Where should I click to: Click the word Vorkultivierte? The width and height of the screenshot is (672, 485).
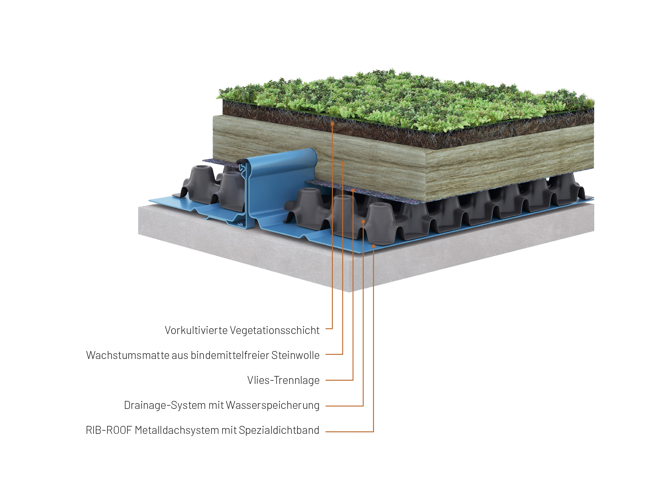tap(196, 330)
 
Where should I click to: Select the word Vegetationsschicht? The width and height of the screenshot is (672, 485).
tap(274, 330)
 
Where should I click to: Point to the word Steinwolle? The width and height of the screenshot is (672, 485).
tap(295, 355)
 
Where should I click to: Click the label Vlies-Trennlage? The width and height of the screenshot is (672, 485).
tap(283, 380)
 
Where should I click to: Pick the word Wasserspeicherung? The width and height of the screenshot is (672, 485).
tap(272, 405)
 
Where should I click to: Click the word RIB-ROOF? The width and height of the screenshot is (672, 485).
tap(108, 430)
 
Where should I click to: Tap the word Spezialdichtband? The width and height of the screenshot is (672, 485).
tap(279, 430)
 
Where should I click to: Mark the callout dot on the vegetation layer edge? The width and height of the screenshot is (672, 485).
tap(333, 124)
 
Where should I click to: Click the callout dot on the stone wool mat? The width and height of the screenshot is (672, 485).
tap(343, 163)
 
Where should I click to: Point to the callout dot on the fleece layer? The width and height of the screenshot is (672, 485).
tap(353, 191)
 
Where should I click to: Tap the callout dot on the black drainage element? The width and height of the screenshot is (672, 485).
tap(363, 222)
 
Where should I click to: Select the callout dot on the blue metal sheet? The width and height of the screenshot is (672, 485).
tap(373, 246)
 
